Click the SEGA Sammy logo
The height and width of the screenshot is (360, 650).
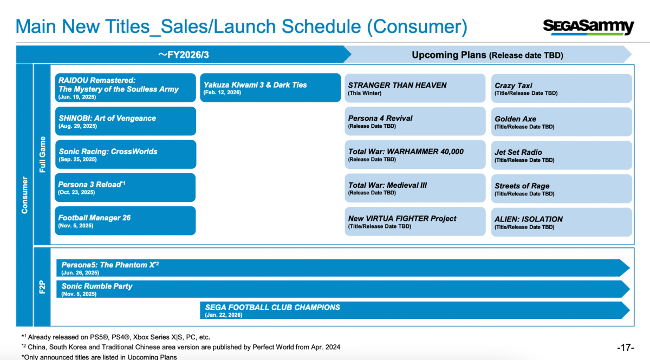point(588,28)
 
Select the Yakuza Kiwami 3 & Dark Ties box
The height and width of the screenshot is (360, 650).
point(270,88)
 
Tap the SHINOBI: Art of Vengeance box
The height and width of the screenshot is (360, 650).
point(126,121)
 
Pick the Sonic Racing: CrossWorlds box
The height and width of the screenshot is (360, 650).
point(126,154)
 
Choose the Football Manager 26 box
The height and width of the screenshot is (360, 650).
point(125,221)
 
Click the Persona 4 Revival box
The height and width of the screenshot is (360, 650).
point(415,121)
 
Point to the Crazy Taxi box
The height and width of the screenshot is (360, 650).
point(562,88)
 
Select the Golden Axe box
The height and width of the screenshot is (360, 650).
point(562,122)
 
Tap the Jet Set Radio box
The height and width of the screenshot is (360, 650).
point(562,155)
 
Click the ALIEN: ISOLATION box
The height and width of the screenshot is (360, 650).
point(562,222)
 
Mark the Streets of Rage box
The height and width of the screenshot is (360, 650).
point(562,188)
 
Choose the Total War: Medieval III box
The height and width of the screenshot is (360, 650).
point(415,188)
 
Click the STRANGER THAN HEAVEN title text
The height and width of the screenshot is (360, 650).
point(397,86)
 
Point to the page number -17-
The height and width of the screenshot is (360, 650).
point(626,347)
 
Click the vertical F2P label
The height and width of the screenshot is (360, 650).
point(42,287)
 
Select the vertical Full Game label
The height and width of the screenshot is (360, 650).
point(42,155)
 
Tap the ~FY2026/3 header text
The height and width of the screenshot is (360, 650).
point(184,55)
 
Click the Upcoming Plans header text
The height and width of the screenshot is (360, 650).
point(449,55)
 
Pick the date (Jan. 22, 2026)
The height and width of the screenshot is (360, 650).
point(223,315)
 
